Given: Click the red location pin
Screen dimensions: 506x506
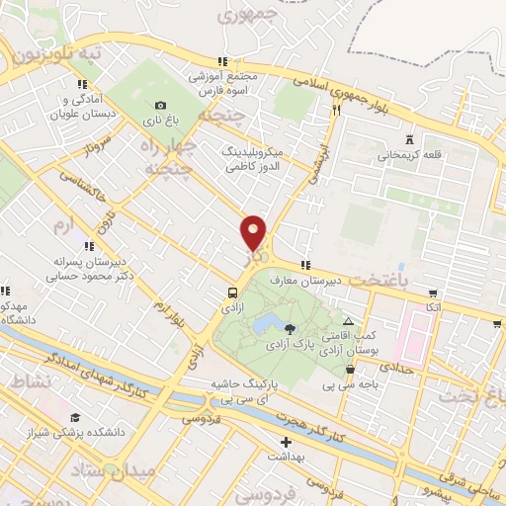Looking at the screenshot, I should coord(254,233).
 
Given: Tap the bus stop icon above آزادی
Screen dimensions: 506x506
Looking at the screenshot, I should coord(231,293).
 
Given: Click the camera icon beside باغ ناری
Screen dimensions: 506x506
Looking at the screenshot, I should coord(161,106).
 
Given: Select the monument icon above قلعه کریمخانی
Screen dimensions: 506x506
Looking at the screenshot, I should coord(408,139).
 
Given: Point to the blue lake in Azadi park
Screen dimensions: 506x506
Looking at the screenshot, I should coord(264,323).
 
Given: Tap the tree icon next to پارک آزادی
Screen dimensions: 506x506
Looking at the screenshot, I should coord(289,328).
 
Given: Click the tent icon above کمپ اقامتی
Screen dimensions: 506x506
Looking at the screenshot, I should coord(348,321).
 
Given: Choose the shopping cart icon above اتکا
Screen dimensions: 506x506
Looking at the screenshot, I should coord(433,293).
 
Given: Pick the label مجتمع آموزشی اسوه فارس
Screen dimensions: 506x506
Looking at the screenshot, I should coord(223,82).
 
